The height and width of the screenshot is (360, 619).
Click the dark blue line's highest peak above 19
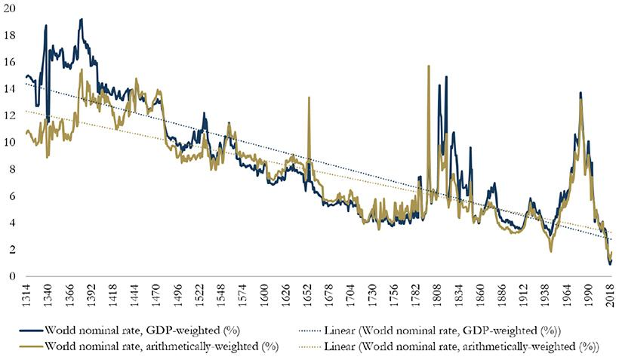81,19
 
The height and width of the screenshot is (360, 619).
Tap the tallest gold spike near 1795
429,66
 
